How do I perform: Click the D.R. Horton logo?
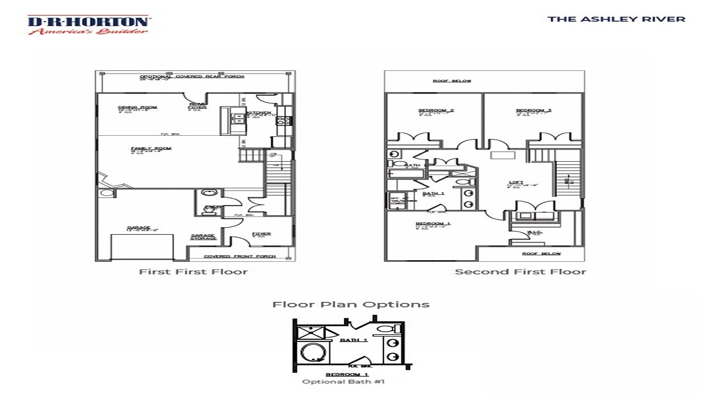[x=88, y=25]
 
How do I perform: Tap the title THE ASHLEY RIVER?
[x=616, y=19]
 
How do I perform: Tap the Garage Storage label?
[x=203, y=237]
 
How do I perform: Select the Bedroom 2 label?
[x=436, y=111]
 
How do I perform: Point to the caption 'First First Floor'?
[x=193, y=272]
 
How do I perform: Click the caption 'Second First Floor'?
[x=520, y=272]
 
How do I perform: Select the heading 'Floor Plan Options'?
[x=351, y=304]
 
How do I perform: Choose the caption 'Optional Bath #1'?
[x=343, y=382]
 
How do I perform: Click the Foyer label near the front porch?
[x=261, y=234]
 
